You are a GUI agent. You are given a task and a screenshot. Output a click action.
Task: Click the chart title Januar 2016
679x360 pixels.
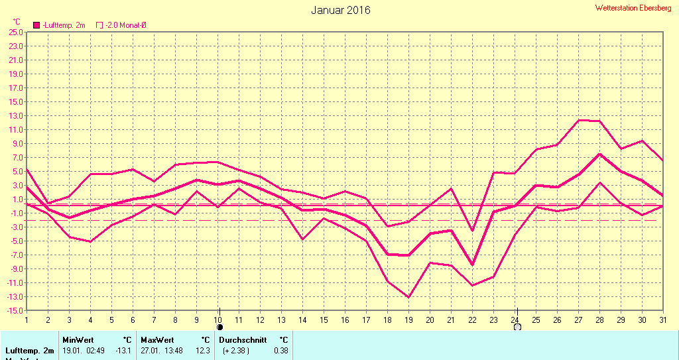point(341,10)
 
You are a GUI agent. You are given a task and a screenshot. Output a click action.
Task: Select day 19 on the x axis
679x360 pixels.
point(408,320)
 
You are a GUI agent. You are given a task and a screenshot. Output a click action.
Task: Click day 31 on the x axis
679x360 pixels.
point(663,320)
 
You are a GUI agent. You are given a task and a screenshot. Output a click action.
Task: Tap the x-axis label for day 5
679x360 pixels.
point(111,320)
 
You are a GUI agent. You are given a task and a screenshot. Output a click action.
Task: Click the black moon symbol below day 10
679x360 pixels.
point(220,327)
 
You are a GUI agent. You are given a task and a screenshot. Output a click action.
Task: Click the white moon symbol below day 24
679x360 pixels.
point(517,327)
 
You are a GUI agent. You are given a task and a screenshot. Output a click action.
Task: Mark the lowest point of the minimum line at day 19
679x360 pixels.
point(408,297)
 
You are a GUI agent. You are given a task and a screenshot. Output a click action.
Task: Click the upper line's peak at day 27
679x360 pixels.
point(579,120)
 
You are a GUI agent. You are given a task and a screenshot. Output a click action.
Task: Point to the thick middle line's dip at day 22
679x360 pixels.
point(472,265)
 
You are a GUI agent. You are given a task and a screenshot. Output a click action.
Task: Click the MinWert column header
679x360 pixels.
point(78,339)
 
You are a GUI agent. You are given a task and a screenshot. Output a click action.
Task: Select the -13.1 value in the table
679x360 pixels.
point(123,350)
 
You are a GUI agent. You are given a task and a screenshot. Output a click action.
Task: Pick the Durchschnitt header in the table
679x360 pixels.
point(243,339)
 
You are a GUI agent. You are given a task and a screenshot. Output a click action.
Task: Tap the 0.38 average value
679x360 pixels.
point(281,350)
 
